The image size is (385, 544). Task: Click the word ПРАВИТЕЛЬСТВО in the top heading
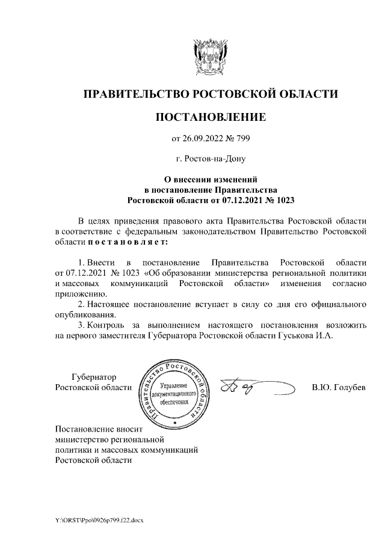(136, 94)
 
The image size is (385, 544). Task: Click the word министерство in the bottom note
(81, 439)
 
